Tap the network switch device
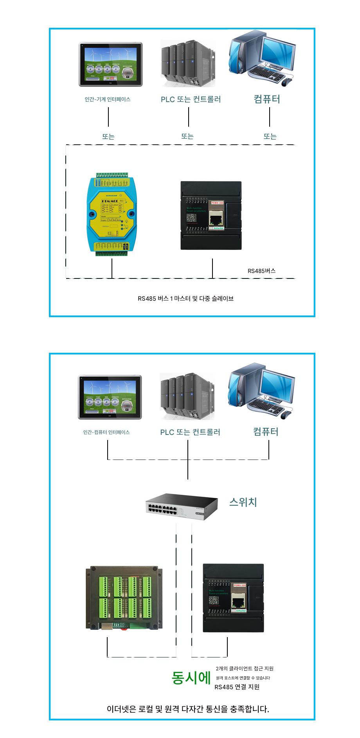click(182, 507)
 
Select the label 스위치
click(243, 502)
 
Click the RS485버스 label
click(261, 271)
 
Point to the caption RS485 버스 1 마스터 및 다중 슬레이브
click(185, 298)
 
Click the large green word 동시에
click(191, 678)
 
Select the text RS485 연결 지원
click(237, 687)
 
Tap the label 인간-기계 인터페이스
click(108, 99)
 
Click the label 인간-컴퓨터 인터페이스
click(106, 432)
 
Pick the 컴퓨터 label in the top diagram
click(267, 99)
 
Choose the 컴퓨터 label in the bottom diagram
click(266, 432)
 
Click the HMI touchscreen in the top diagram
click(111, 65)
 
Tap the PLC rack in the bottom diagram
click(187, 396)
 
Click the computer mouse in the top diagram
click(287, 82)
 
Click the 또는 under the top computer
click(270, 136)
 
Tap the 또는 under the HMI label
click(108, 136)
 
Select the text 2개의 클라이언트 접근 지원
click(245, 668)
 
